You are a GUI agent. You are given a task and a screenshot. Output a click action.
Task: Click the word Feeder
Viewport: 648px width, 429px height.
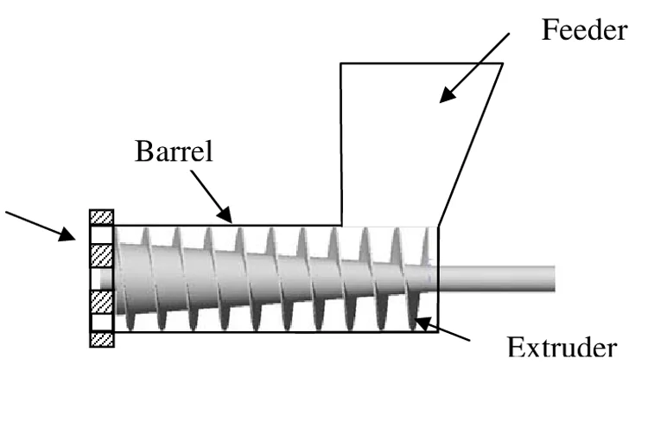coord(584,30)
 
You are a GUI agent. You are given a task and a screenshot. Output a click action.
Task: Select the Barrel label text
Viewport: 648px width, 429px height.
coord(174,151)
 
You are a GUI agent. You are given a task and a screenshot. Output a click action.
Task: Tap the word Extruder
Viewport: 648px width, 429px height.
coord(562,348)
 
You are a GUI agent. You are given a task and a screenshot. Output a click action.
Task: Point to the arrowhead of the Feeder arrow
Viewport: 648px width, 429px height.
coord(447,95)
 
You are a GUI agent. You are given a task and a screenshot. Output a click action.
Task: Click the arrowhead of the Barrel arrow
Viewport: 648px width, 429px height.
coord(226,216)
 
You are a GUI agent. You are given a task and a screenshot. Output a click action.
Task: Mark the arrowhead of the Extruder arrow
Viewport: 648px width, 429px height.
coord(422,323)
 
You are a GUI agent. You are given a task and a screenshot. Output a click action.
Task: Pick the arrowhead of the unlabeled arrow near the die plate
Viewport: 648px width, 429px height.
coord(67,234)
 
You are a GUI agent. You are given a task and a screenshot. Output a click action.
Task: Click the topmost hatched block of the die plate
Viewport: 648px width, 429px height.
coord(102,217)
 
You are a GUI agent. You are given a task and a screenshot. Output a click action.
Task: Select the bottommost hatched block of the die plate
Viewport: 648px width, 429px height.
coord(102,340)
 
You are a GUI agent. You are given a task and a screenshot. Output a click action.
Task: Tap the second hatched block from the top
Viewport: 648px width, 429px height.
coord(102,255)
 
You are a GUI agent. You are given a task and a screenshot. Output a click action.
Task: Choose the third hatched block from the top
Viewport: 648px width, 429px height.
coord(102,302)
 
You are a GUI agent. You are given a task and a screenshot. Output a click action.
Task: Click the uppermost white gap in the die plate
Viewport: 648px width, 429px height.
coord(102,234)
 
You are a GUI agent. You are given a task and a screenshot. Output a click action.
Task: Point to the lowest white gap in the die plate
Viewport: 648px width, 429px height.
coord(102,323)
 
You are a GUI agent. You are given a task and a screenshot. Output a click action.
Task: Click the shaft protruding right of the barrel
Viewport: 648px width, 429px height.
coord(496,279)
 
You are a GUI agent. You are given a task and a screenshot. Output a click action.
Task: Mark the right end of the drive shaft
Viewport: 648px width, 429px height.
coord(554,279)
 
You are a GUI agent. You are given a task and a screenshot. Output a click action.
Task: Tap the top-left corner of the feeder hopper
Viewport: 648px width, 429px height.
coord(341,64)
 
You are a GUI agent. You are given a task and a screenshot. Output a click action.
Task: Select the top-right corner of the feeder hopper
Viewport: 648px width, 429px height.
coord(503,64)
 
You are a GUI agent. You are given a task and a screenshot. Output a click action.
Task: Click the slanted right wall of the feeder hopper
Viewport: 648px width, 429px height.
coord(471,144)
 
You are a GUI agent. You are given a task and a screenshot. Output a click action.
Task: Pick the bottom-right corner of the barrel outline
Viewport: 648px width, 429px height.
coord(438,332)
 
